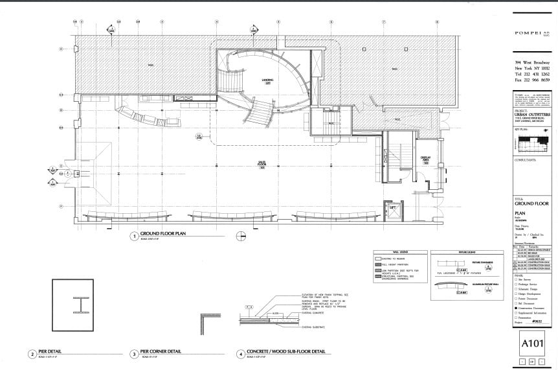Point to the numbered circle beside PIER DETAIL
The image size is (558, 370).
[x=32, y=354]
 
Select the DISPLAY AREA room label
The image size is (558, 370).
[x=427, y=159]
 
